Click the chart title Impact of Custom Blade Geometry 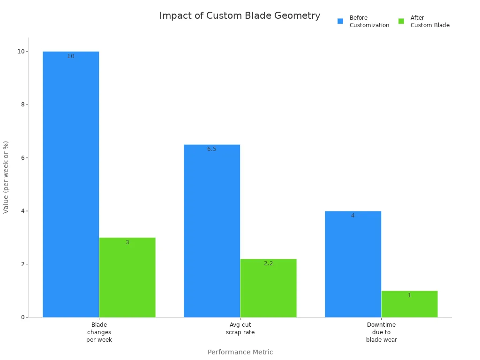point(240,15)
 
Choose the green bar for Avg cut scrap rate point(268,288)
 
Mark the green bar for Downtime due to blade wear point(409,304)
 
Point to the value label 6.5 point(212,149)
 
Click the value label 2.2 point(268,263)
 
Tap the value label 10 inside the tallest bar point(71,56)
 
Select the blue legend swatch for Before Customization point(340,21)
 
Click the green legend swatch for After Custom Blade point(401,21)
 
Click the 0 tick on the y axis point(22,317)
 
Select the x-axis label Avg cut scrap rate point(240,329)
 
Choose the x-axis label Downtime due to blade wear point(381,332)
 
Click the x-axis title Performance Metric point(240,352)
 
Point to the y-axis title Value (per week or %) point(6,177)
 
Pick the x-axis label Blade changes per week point(99,332)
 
